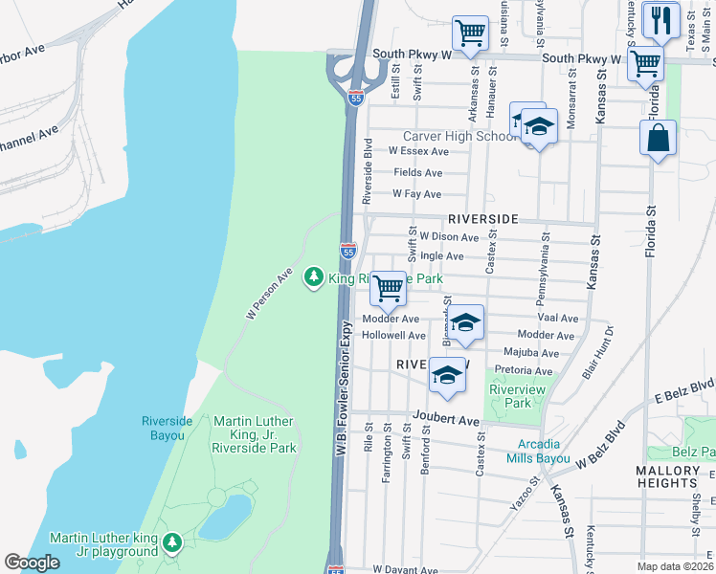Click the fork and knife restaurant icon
(x=660, y=20)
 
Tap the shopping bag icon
(x=659, y=138)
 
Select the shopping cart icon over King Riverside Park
(x=388, y=287)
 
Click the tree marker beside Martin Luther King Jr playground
(x=172, y=543)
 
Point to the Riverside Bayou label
(x=168, y=427)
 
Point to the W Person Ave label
(x=269, y=294)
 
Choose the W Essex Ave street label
(x=417, y=151)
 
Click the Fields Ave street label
(x=418, y=173)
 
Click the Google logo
(x=32, y=562)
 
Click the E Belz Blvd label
(x=684, y=390)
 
